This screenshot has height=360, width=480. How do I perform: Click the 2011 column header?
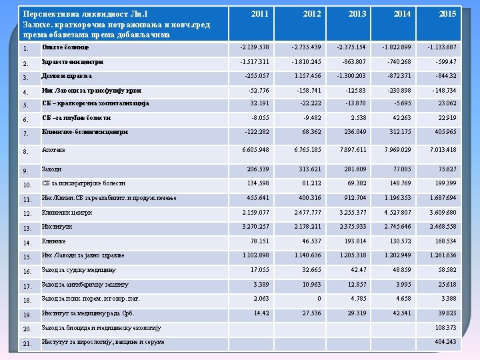point(260,13)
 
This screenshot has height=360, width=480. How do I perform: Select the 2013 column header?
point(357,13)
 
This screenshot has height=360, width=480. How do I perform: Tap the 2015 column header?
point(447,13)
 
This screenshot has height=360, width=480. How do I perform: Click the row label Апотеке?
point(53,151)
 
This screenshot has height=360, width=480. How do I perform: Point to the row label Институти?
point(57,227)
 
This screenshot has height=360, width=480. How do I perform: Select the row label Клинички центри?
point(66,213)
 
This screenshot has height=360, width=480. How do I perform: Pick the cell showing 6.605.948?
point(255,150)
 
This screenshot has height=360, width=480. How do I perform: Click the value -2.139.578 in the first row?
point(254,47)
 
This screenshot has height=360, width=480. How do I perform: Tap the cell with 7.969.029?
point(397,150)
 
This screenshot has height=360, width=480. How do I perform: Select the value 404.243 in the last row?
point(445,341)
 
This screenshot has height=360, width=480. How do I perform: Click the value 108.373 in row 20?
point(445,327)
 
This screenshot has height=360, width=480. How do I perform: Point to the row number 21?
point(27,344)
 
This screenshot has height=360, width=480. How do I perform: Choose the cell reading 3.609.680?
point(443,213)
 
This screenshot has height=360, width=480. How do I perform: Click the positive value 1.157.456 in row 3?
point(306,75)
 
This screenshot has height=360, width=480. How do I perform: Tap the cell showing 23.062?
point(447,103)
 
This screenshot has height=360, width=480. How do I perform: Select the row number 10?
point(27,185)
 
